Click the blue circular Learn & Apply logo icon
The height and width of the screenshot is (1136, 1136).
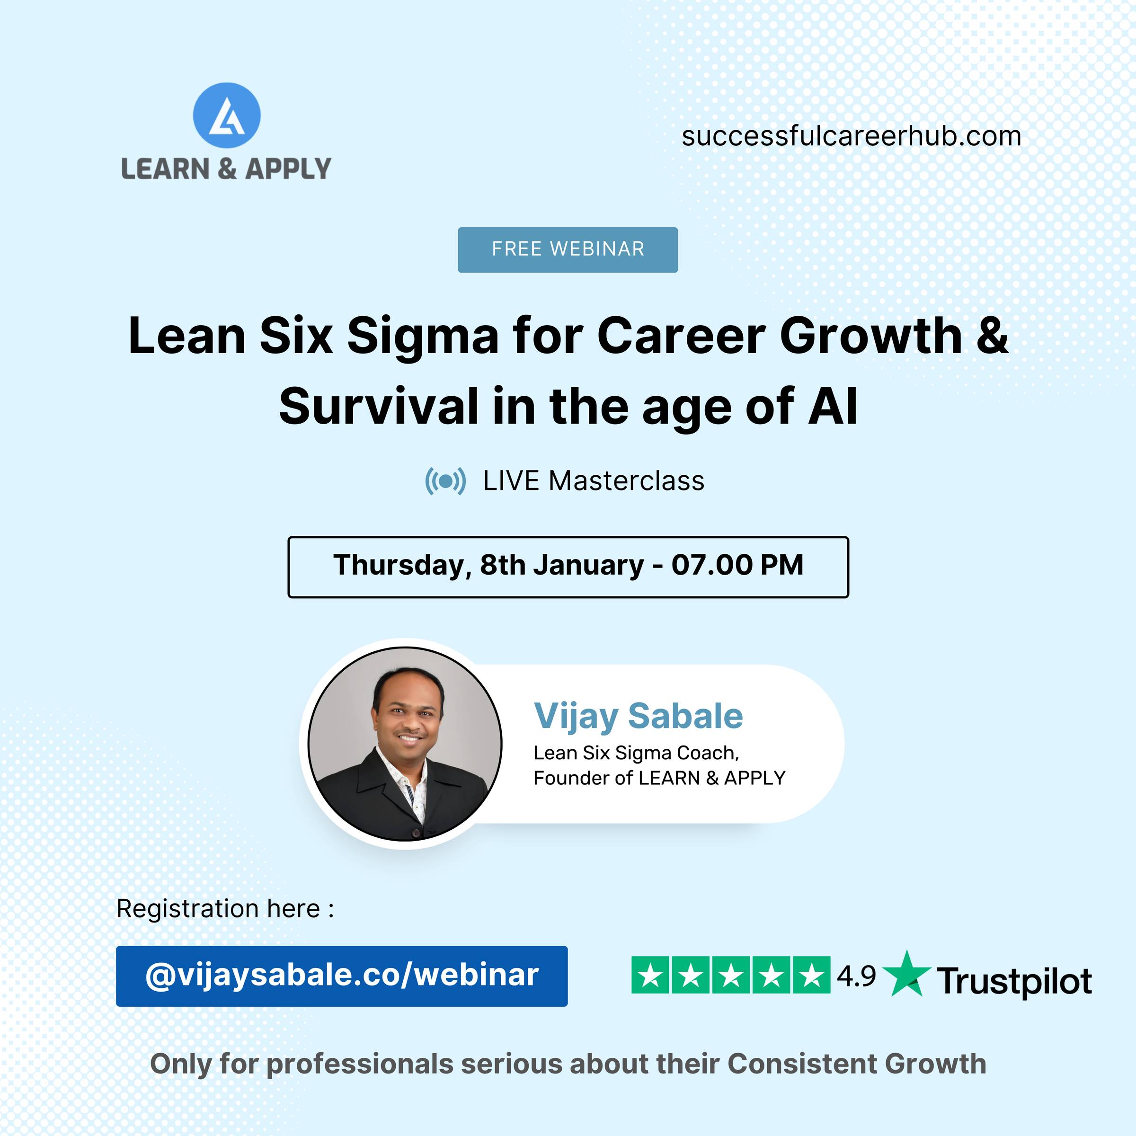click(226, 115)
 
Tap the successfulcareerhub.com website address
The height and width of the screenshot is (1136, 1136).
click(852, 136)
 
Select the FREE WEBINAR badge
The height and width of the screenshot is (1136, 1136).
click(568, 249)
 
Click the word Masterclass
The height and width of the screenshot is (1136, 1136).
click(626, 481)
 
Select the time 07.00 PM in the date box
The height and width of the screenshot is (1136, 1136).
click(737, 565)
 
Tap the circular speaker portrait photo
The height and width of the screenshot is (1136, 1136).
click(405, 744)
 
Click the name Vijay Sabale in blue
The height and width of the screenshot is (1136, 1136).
click(638, 717)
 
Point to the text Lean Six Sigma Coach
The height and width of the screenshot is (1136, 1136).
click(636, 753)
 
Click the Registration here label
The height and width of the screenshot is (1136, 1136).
click(225, 909)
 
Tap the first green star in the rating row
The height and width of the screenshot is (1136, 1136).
click(650, 975)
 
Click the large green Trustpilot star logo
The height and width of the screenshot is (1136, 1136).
click(907, 973)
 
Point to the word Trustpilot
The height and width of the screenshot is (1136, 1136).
click(1014, 981)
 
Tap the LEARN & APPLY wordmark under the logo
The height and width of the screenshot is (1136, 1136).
click(226, 169)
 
